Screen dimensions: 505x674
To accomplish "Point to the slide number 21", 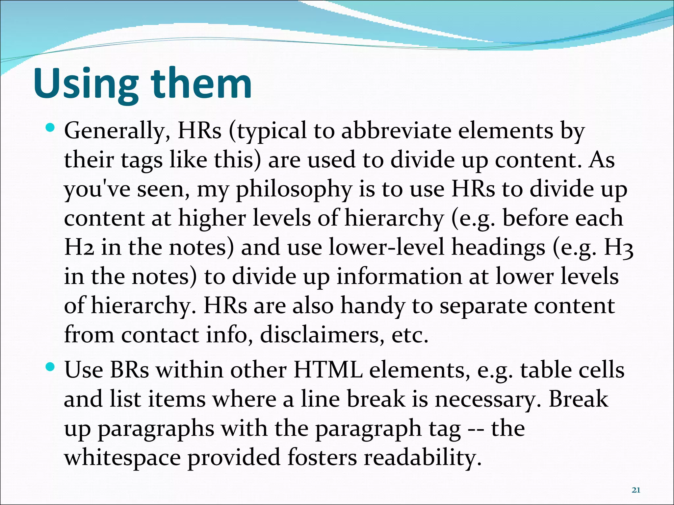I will click(x=636, y=490).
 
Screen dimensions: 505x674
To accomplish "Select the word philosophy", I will click(x=294, y=190).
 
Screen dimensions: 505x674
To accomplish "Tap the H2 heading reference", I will click(x=79, y=247).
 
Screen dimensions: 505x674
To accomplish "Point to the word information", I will click(x=399, y=276).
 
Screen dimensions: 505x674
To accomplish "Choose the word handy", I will click(x=372, y=306).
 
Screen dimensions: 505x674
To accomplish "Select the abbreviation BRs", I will click(x=129, y=370).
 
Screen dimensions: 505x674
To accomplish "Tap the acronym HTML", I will click(x=328, y=370).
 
